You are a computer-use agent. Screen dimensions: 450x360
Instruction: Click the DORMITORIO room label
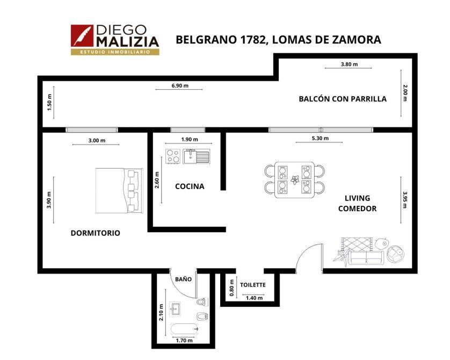[x=95, y=233]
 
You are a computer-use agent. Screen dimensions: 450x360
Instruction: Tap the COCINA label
[x=190, y=186]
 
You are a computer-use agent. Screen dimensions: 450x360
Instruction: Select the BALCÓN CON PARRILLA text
[x=343, y=99]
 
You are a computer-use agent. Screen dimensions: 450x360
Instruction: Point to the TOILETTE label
[x=253, y=285]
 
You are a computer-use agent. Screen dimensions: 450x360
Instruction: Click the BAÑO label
[x=184, y=279]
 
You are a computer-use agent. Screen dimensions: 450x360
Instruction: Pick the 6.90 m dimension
[x=180, y=85]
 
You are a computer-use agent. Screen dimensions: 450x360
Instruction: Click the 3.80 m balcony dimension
[x=349, y=64]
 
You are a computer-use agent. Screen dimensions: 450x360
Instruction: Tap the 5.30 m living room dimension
[x=320, y=139]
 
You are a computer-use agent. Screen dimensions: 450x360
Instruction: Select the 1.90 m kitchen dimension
[x=190, y=140]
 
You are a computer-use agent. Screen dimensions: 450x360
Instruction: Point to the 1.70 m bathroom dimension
[x=184, y=341]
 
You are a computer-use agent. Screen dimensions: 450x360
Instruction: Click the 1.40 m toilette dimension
[x=255, y=298]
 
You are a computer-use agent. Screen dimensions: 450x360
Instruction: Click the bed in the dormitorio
[x=119, y=191]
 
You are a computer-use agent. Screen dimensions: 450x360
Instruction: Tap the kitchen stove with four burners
[x=173, y=156]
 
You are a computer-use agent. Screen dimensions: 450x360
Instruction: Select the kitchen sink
[x=197, y=156]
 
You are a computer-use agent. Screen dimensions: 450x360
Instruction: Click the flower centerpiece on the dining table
[x=294, y=180]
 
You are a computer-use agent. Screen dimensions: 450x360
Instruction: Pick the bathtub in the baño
[x=185, y=329]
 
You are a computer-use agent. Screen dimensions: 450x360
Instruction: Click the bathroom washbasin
[x=175, y=309]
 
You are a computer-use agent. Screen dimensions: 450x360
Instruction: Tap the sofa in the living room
[x=366, y=257]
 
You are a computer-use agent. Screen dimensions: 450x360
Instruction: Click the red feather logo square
[x=82, y=36]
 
